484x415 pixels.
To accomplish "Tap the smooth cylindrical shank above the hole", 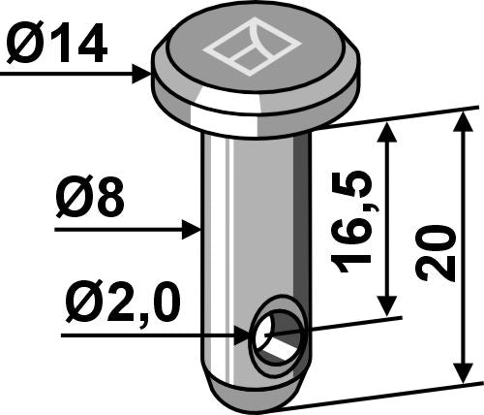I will pyautogui.click(x=255, y=223).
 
